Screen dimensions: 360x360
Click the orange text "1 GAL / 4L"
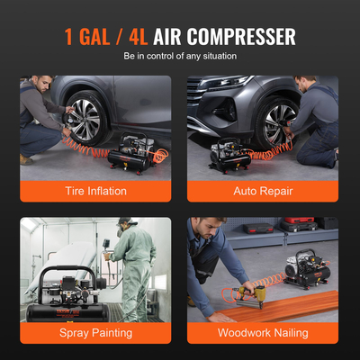[105, 37]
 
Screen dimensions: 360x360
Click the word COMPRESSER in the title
[240, 37]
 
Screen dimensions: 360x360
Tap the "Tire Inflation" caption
[95, 191]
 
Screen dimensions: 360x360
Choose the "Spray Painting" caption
[95, 332]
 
